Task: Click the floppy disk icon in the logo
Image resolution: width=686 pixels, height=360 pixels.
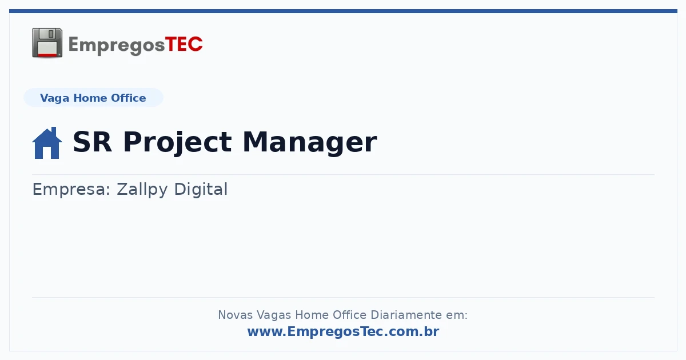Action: tap(47, 43)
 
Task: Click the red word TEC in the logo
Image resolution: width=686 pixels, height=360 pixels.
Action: tap(184, 45)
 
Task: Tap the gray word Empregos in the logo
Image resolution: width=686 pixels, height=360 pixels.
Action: tap(117, 46)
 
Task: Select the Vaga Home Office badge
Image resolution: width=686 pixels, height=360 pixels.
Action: tap(93, 98)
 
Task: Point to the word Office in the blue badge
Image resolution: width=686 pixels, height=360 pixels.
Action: tap(128, 98)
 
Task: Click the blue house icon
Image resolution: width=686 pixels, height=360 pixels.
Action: tap(47, 143)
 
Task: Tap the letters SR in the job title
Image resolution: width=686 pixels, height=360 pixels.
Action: tap(92, 142)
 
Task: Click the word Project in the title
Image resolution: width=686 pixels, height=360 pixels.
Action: tap(177, 143)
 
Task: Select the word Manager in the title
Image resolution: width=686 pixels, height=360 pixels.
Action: tap(310, 143)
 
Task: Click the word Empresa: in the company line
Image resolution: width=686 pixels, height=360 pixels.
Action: tap(71, 190)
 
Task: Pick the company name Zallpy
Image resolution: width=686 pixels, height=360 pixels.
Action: tap(142, 190)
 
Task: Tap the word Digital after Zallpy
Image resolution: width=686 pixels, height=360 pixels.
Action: tap(201, 190)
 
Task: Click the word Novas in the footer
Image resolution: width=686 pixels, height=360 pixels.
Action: tap(235, 315)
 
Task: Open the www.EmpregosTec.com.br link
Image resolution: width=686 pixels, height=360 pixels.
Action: tap(344, 331)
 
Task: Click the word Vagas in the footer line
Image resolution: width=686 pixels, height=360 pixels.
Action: tap(274, 315)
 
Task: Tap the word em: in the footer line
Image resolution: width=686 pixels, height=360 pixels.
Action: tap(457, 315)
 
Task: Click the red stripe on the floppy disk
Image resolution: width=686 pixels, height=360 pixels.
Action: tap(47, 55)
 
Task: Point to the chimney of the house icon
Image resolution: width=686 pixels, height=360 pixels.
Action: tap(54, 131)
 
